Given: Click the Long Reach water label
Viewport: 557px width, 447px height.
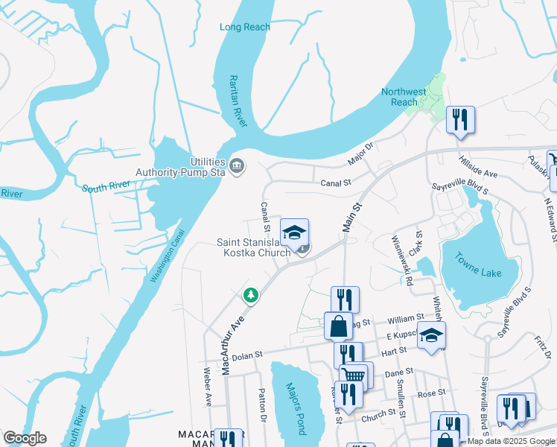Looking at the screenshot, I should pos(245,28).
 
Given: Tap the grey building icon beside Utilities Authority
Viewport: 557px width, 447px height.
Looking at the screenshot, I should pos(237,165).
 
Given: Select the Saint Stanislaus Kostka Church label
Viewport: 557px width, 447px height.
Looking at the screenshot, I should pos(253,247).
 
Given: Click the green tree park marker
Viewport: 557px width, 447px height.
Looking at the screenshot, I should pos(252,296).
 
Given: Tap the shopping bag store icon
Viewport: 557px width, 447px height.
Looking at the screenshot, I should pos(338,326).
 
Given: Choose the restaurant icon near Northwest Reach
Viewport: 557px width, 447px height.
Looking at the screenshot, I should pos(460,119).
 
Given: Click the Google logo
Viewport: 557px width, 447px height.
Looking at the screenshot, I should pos(25,438).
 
